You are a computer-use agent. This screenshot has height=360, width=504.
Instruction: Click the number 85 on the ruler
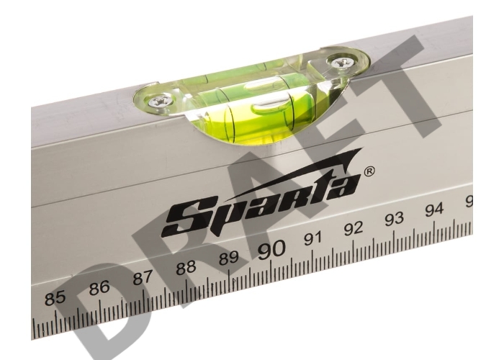(55, 298)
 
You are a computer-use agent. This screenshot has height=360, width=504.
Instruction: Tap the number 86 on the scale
(99, 287)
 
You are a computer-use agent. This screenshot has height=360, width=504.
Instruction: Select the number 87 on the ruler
(143, 277)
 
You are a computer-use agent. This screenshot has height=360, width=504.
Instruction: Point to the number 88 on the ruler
(186, 267)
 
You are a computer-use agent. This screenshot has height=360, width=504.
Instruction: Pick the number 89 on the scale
(228, 257)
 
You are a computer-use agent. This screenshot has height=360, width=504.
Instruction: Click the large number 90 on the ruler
(271, 249)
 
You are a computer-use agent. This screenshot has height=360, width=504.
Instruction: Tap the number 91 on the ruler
(312, 238)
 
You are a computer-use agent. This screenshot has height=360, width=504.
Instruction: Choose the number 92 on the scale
(354, 228)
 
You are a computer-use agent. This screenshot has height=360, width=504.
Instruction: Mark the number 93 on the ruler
(394, 219)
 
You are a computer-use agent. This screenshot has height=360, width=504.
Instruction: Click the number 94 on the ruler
(434, 210)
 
